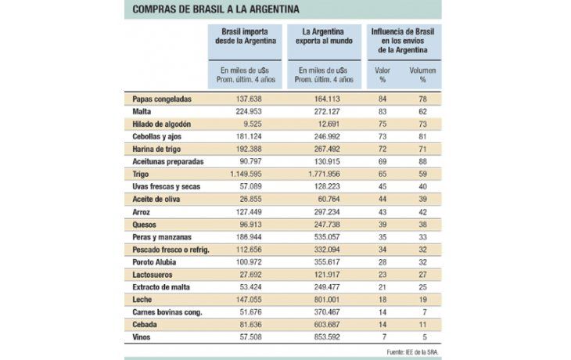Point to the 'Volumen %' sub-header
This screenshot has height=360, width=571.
[422, 74]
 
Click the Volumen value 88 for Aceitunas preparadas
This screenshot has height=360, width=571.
[422, 161]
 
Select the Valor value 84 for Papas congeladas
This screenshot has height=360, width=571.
[382, 99]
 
